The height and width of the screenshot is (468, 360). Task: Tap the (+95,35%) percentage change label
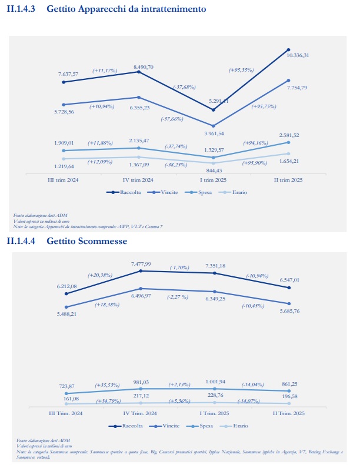241,70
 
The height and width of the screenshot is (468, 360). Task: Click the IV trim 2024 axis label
138,180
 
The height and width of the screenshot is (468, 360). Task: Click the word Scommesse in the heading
106,241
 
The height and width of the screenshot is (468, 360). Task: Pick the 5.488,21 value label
66,315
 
